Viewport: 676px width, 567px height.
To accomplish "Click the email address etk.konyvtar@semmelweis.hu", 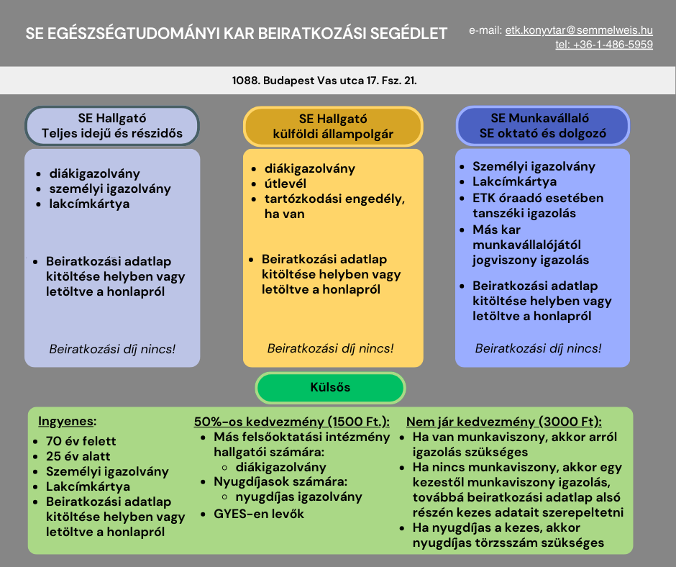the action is click(x=579, y=30).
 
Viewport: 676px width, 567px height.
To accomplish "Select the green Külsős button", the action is click(x=330, y=388).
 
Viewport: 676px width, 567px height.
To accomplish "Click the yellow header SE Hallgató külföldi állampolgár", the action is click(x=333, y=127).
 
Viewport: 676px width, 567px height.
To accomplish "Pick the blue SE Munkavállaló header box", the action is click(x=542, y=126).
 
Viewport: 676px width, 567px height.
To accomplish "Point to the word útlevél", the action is click(x=286, y=183).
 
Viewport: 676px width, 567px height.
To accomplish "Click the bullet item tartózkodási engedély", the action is click(x=334, y=206).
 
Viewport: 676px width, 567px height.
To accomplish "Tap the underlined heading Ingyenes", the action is click(x=66, y=421).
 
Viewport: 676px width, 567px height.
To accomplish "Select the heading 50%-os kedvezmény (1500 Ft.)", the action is click(x=291, y=422).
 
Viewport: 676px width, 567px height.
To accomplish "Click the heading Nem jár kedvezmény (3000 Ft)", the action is click(x=503, y=422).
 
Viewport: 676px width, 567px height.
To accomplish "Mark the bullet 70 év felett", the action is click(x=81, y=441).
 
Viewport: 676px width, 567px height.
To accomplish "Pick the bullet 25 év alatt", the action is click(x=78, y=456).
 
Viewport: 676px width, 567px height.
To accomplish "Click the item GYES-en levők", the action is click(x=259, y=514).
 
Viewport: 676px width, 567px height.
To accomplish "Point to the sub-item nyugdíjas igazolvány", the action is click(x=298, y=496).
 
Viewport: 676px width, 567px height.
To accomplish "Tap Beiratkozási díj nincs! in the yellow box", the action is click(x=330, y=348).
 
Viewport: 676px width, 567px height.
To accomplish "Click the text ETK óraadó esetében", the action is click(x=538, y=198).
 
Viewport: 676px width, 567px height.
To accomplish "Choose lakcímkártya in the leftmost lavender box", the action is click(x=89, y=204).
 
